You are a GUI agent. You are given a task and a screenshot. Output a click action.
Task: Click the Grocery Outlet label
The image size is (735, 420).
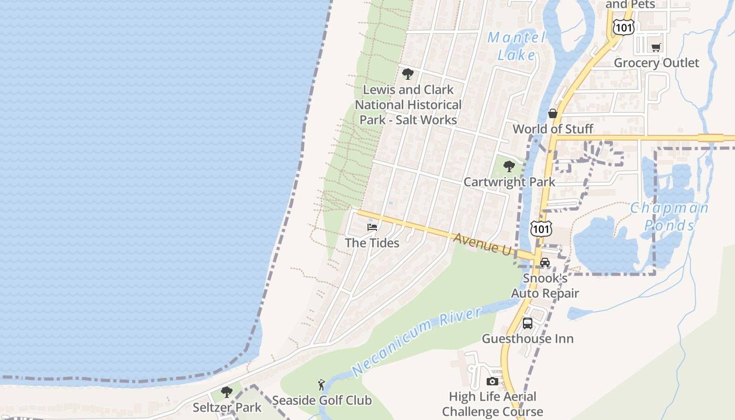tap(656, 63)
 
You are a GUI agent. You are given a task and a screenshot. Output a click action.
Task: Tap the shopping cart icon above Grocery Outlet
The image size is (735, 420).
tap(656, 48)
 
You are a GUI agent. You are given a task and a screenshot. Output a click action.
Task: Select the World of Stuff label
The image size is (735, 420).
tap(553, 129)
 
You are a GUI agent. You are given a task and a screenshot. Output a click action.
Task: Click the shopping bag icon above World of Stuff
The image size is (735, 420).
tap(553, 113)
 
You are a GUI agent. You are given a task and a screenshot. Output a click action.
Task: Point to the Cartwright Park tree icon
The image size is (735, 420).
tap(509, 166)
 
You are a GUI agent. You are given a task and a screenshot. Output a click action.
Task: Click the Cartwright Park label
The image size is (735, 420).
tap(509, 182)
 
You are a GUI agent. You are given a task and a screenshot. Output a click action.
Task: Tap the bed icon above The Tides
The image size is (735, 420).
tap(372, 227)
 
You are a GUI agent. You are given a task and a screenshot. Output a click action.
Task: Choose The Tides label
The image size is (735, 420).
tap(372, 243)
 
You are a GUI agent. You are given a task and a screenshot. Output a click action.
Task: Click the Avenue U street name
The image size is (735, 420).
tap(481, 244)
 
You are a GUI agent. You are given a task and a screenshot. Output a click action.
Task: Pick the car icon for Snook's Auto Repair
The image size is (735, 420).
tap(545, 262)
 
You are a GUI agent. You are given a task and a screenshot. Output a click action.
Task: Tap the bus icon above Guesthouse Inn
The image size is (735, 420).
tap(528, 323)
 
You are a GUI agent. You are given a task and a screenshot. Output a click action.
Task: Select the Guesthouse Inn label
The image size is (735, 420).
tap(528, 339)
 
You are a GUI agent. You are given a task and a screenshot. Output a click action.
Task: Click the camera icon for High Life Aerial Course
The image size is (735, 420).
tap(492, 382)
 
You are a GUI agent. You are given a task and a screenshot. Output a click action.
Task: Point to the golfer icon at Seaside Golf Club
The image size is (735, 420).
tap(321, 385)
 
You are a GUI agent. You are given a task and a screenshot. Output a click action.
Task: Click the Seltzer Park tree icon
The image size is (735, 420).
tap(227, 392)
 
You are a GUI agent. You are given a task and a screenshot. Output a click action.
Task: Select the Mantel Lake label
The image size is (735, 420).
tap(517, 46)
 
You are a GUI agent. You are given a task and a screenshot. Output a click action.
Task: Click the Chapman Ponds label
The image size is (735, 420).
tap(669, 216)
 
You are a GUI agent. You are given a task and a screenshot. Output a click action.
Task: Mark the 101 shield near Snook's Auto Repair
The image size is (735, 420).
tap(541, 228)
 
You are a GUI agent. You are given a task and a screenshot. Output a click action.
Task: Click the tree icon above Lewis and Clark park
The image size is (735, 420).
tap(408, 74)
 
